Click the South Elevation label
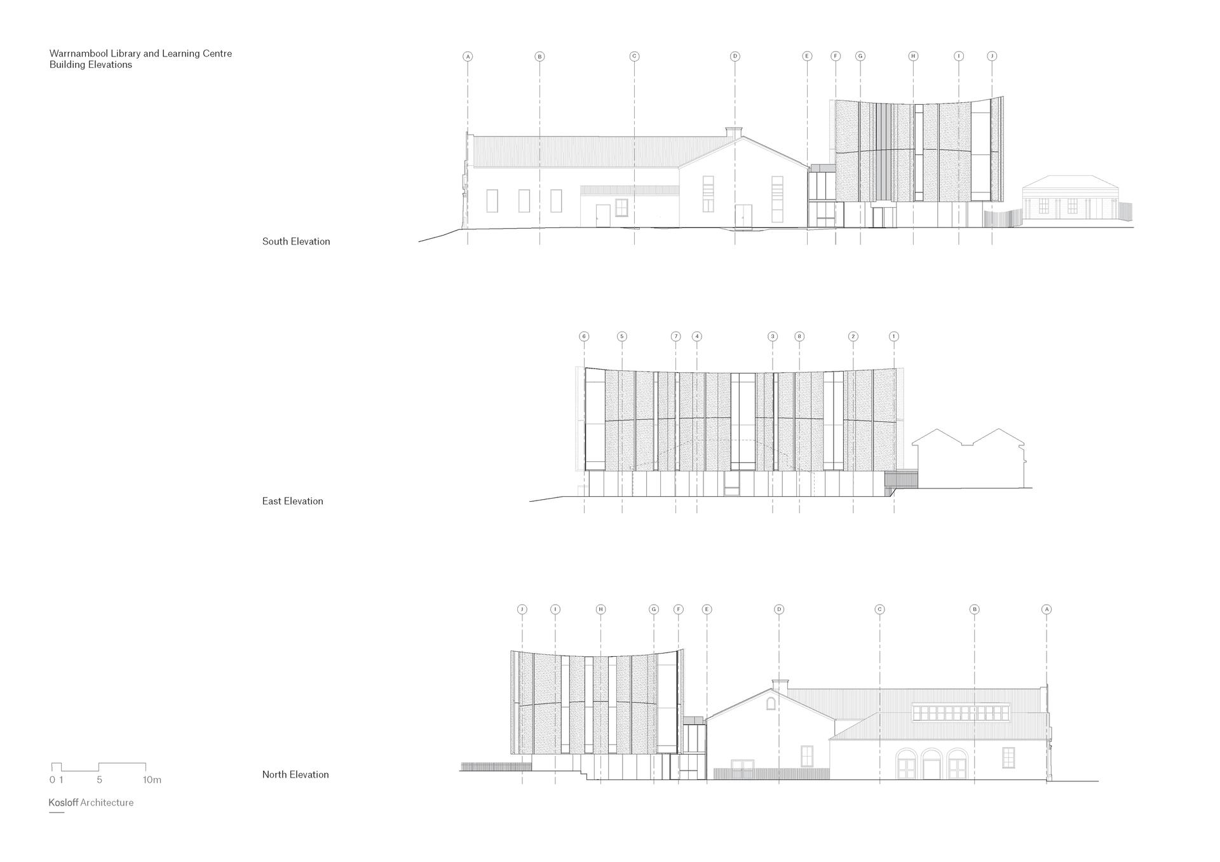pyautogui.click(x=296, y=241)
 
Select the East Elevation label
pyautogui.click(x=292, y=501)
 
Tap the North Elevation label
pyautogui.click(x=295, y=774)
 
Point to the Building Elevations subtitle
pyautogui.click(x=91, y=65)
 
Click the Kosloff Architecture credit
pyautogui.click(x=91, y=802)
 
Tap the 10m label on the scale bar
pyautogui.click(x=152, y=779)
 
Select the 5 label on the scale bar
pyautogui.click(x=100, y=779)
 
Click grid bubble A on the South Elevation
pyautogui.click(x=468, y=57)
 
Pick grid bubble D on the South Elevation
pyautogui.click(x=735, y=57)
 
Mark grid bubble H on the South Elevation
pyautogui.click(x=913, y=57)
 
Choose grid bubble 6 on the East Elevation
pyautogui.click(x=584, y=336)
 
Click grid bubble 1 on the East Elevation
pyautogui.click(x=894, y=336)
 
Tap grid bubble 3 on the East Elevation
pyautogui.click(x=773, y=336)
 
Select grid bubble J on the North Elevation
pyautogui.click(x=522, y=609)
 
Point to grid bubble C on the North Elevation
pyautogui.click(x=880, y=609)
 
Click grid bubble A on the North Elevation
pyautogui.click(x=1047, y=609)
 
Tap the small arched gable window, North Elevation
pyautogui.click(x=771, y=703)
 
